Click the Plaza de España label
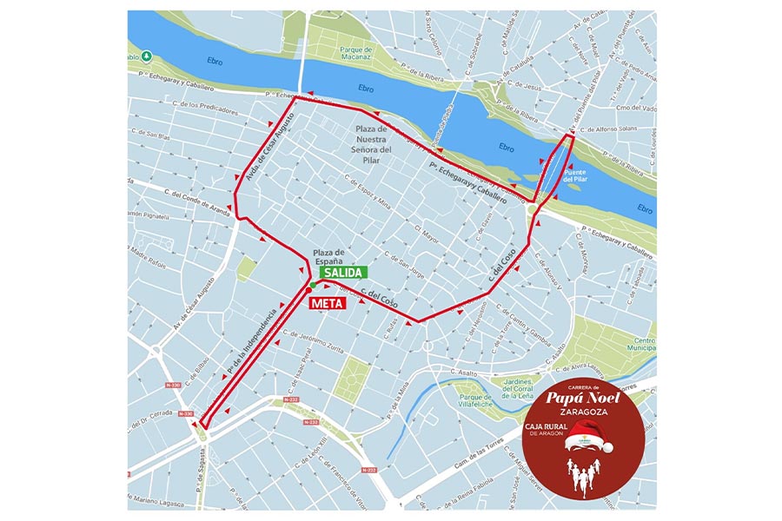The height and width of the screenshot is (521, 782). pos(328,258)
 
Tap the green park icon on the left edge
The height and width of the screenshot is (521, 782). pos(147,56)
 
